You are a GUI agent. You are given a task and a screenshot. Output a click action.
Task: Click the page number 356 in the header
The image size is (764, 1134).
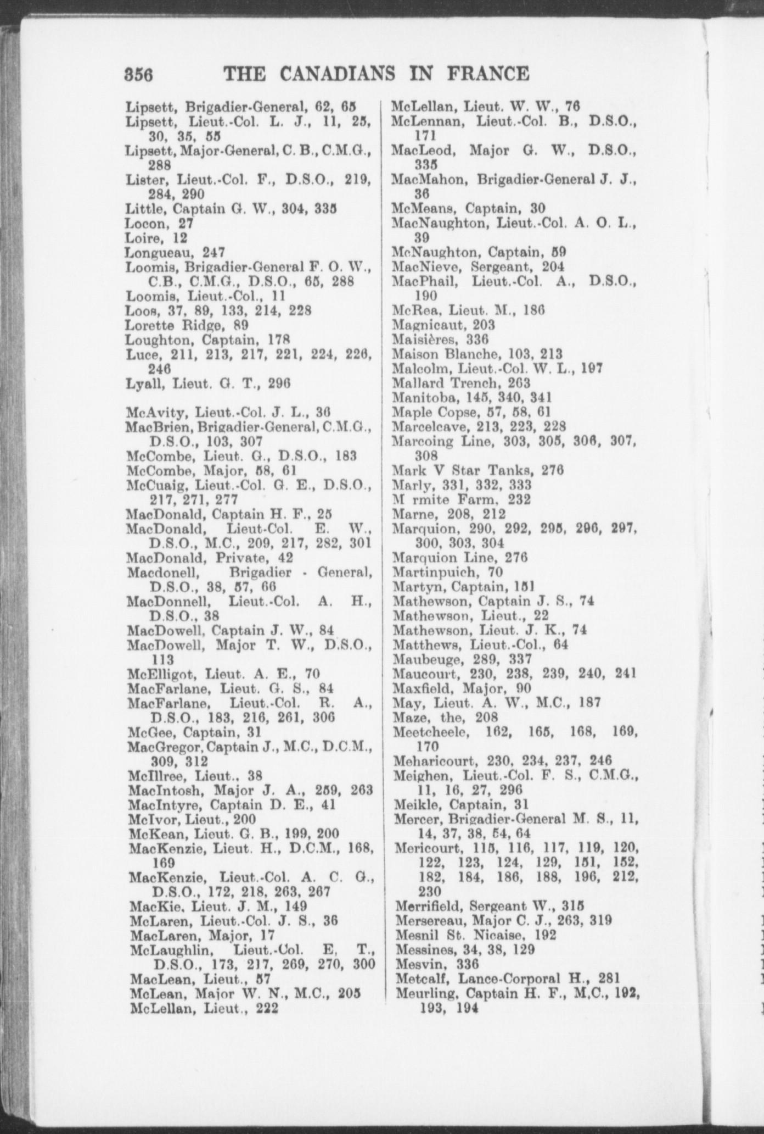[x=138, y=74]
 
